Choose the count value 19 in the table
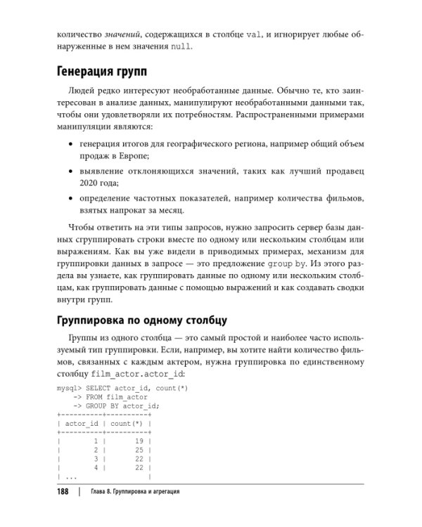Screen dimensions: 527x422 pos(139,440)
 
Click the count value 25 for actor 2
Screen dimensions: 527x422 pos(139,449)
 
